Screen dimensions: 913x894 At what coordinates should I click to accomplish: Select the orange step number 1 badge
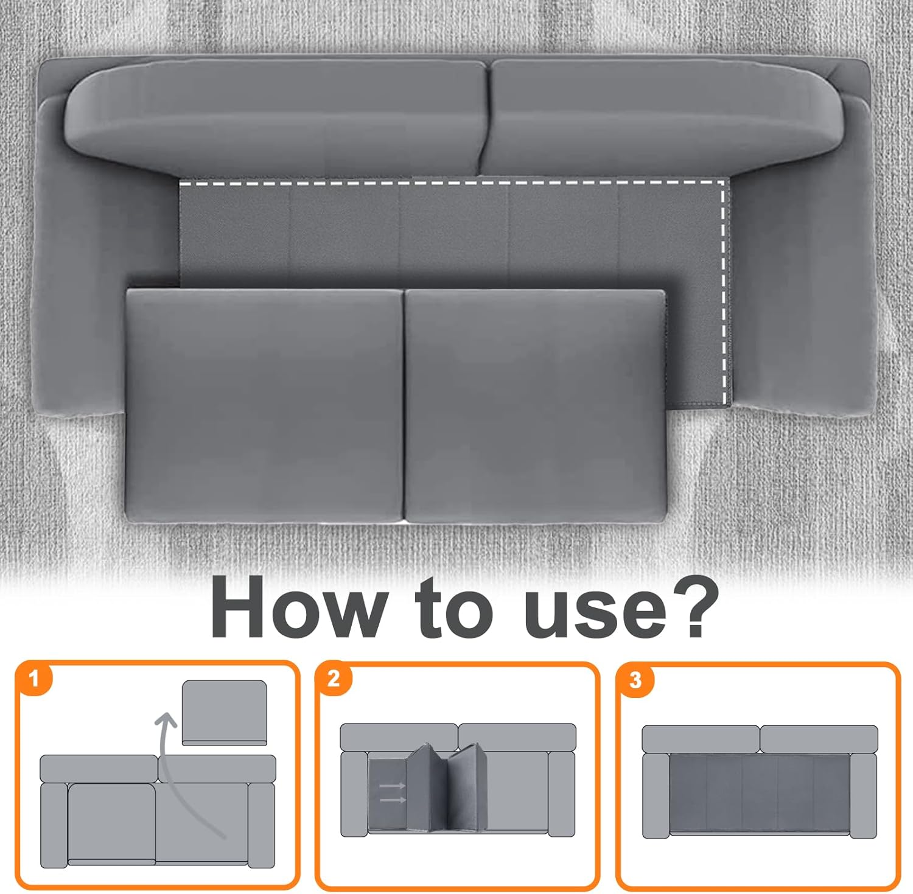click(x=34, y=678)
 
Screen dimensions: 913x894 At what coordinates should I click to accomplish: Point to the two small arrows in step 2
click(x=393, y=792)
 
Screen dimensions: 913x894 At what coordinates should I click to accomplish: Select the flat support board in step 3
click(x=760, y=794)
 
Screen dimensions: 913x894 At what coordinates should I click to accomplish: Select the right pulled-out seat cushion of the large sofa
click(x=535, y=405)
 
